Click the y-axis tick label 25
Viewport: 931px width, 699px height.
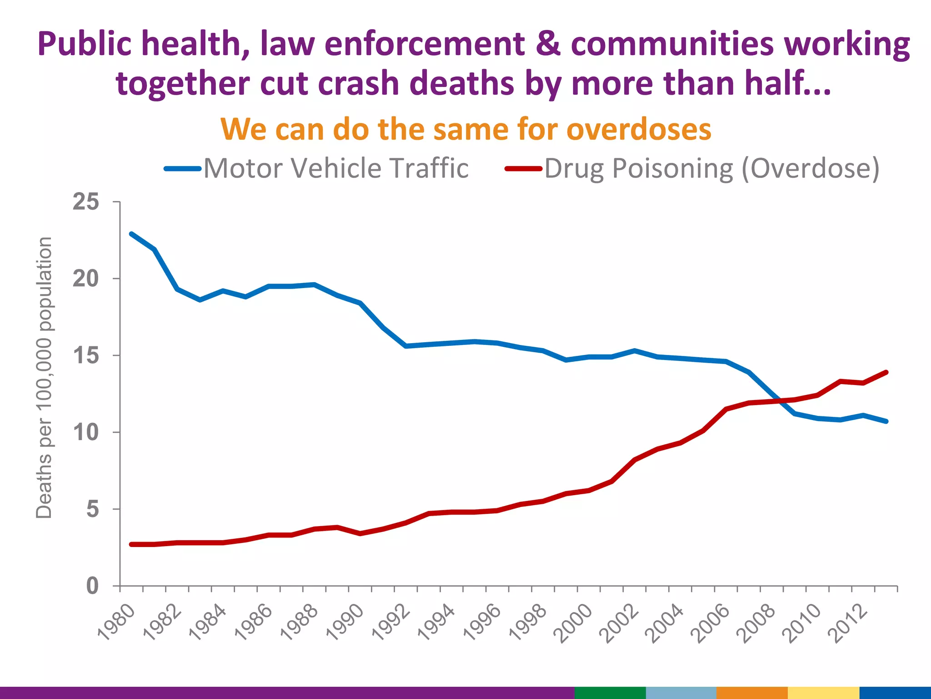point(85,202)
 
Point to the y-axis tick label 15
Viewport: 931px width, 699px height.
point(85,355)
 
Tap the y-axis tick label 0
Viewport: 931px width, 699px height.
point(92,586)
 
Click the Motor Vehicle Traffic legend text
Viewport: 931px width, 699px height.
point(335,168)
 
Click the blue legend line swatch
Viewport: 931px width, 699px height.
point(183,169)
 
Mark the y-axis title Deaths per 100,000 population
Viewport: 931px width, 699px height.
point(44,378)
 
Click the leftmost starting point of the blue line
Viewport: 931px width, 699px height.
point(131,234)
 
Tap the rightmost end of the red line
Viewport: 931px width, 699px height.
point(886,372)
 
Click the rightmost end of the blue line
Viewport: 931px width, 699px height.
point(886,421)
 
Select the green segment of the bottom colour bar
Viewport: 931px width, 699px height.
point(610,693)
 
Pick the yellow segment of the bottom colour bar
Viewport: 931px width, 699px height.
point(823,693)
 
